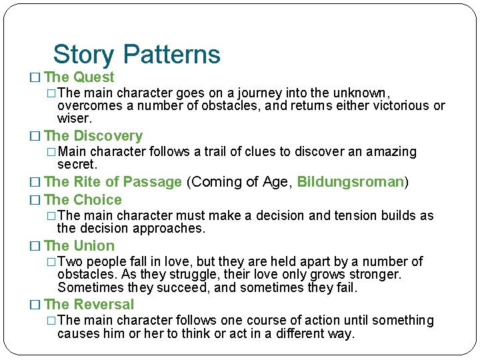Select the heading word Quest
[94, 77]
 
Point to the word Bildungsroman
[351, 181]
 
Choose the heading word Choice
[98, 200]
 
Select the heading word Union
[94, 246]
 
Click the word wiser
[74, 119]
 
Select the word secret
[77, 165]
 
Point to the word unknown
[364, 93]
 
